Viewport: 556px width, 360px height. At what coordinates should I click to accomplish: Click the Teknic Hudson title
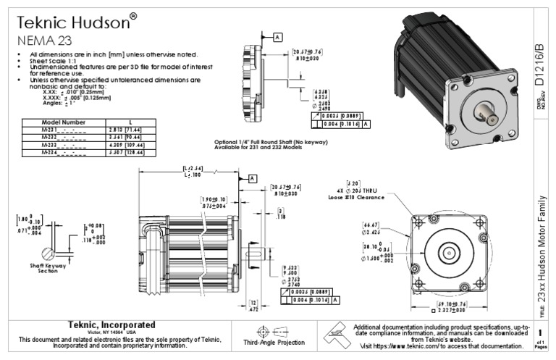[72, 22]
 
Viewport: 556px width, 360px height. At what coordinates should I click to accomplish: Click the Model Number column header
[64, 122]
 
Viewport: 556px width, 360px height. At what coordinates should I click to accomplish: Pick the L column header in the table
[129, 122]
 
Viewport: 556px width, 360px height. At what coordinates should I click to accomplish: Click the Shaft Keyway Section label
[49, 269]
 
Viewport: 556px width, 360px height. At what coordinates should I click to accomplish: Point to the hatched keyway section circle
[49, 254]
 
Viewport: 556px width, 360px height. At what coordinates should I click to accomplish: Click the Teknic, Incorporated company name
[111, 324]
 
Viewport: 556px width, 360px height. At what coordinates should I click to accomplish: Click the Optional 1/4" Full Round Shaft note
[266, 141]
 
